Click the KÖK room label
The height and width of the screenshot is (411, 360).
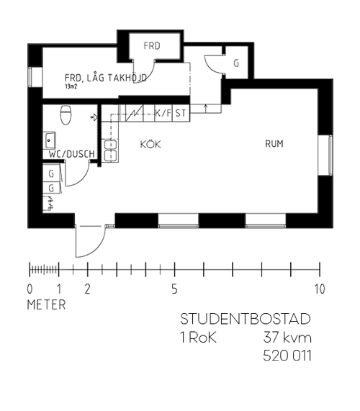[x=150, y=144]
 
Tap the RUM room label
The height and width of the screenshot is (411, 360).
[x=274, y=144]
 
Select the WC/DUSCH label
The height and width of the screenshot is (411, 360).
[x=71, y=154]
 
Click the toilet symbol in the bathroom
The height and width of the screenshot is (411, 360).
[x=66, y=114]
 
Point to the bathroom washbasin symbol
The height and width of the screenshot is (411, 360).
[x=49, y=140]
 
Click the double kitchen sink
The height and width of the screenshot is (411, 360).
[x=111, y=150]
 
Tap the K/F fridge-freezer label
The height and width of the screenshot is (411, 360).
[x=163, y=113]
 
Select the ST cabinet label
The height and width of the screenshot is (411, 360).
[x=181, y=113]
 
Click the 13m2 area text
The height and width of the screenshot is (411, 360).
[x=71, y=86]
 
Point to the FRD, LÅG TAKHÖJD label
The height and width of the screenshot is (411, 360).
[x=106, y=78]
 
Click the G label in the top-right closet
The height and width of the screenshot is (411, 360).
[x=236, y=63]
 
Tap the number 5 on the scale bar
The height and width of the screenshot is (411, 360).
[x=174, y=289]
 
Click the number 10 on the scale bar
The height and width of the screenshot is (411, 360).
[x=320, y=289]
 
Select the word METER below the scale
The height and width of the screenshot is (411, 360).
[x=46, y=305]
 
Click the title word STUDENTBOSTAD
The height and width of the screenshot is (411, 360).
[x=246, y=319]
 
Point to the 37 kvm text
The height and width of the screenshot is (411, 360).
[x=287, y=338]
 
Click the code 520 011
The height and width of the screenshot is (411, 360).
[x=287, y=356]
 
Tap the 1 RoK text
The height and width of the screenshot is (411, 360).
[x=198, y=338]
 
